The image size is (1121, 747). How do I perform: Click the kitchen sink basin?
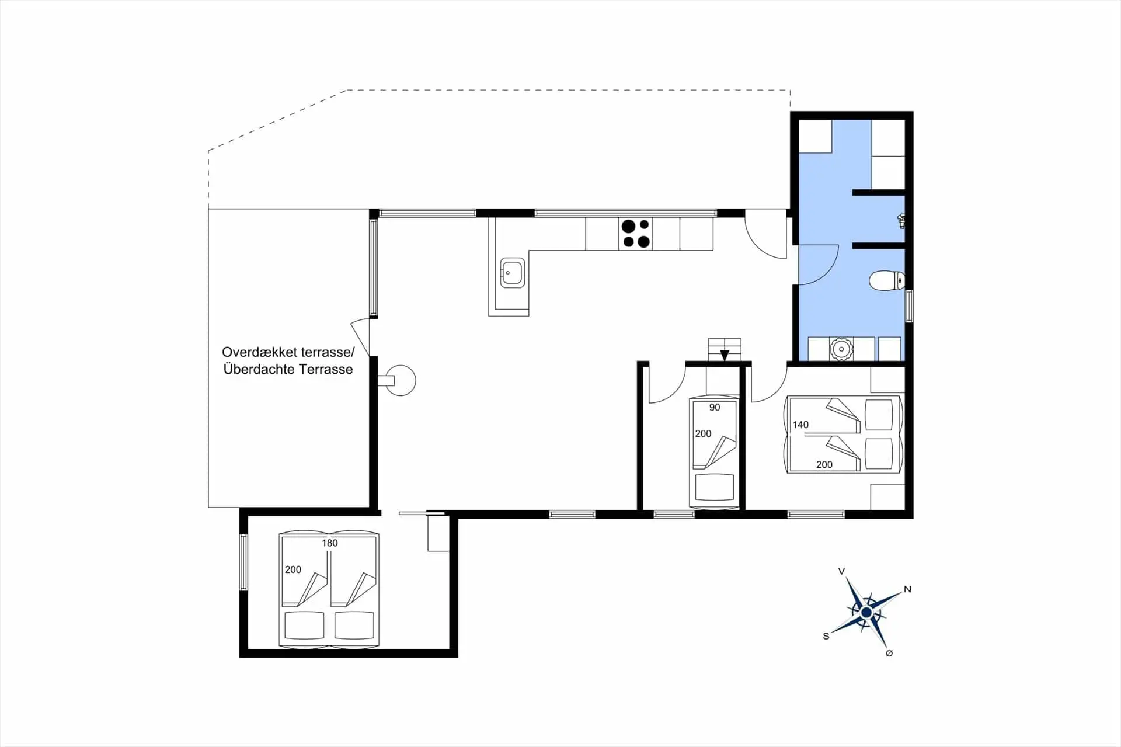pos(512,273)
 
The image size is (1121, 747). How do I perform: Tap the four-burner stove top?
pos(636,234)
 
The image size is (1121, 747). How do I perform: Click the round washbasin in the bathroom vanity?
pos(841,349)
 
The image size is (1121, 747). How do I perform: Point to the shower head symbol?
pos(901,220)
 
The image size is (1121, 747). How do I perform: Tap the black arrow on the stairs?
pos(725,355)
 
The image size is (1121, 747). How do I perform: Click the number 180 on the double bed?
pos(329,543)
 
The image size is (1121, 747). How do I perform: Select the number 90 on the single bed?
pos(715,408)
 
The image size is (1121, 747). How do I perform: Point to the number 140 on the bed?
pos(800,425)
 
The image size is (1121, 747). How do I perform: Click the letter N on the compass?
pos(907,589)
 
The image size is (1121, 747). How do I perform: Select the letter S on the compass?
pos(826,636)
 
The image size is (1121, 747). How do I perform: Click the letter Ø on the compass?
pos(889,654)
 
